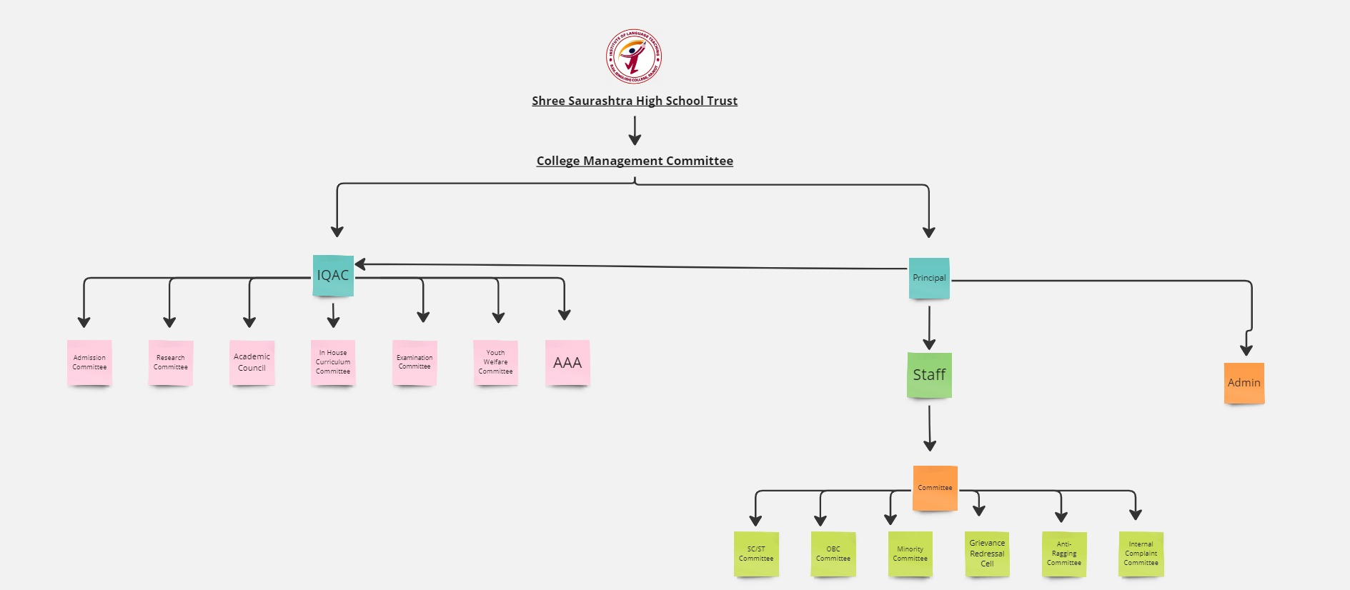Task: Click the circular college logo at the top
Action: pos(634,56)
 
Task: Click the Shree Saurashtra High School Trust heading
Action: pos(634,101)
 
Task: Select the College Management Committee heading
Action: pos(634,161)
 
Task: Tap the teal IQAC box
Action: pos(333,275)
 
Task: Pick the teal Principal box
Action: pos(929,278)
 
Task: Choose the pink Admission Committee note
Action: pos(89,363)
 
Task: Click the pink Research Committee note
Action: pos(171,363)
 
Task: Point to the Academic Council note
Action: pos(252,363)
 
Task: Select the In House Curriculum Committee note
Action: pos(333,363)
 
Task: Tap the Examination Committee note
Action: pos(415,363)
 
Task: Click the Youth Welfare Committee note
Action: pos(495,363)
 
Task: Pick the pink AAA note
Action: pos(567,363)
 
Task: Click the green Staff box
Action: pos(929,375)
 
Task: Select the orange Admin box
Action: pos(1244,383)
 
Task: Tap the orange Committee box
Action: pos(935,488)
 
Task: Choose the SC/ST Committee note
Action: pos(756,554)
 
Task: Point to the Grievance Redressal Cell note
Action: pos(987,554)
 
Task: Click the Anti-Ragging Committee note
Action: pos(1064,554)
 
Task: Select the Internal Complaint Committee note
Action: pos(1141,554)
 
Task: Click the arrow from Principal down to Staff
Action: pos(929,326)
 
